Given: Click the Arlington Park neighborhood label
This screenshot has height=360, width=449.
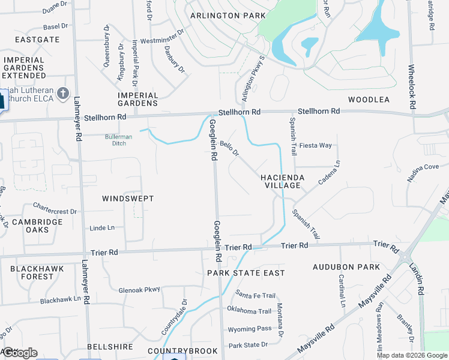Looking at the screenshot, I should pyautogui.click(x=228, y=16).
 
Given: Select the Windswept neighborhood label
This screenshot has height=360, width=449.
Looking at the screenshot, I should pyautogui.click(x=128, y=199).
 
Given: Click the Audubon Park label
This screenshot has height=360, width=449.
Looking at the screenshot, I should pyautogui.click(x=346, y=266).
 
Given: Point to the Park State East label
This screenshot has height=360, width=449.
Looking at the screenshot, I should pyautogui.click(x=246, y=273).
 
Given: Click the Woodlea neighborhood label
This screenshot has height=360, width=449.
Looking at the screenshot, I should pyautogui.click(x=369, y=100).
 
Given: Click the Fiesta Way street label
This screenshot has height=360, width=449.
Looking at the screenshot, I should pyautogui.click(x=316, y=145).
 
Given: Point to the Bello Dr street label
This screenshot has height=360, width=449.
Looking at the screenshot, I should pyautogui.click(x=229, y=148).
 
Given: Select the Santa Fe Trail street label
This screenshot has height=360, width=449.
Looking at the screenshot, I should pyautogui.click(x=255, y=295).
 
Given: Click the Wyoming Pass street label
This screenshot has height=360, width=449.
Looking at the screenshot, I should pyautogui.click(x=249, y=329).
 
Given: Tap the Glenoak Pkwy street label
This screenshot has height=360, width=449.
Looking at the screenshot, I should pyautogui.click(x=139, y=289).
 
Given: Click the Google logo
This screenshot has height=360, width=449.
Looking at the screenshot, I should pyautogui.click(x=19, y=353).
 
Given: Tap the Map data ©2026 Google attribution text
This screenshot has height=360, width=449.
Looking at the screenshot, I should pyautogui.click(x=411, y=355).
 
